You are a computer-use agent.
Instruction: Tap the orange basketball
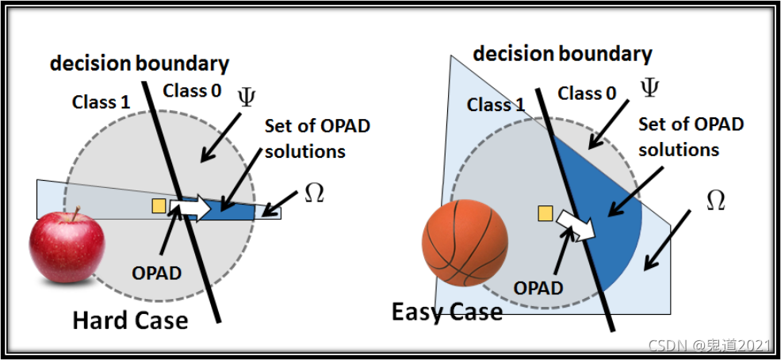point(465,242)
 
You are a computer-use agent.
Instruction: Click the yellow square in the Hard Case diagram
point(159,206)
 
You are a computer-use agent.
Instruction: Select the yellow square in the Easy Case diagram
point(545,213)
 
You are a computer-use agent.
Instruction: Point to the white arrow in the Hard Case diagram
point(191,208)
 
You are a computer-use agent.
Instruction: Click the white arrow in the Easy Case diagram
point(575,224)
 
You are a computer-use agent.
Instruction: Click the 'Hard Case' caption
point(130,320)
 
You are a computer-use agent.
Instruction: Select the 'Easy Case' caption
point(446,312)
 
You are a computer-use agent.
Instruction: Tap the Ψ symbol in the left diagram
point(246,98)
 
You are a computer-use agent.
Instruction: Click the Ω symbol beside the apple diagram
point(314,193)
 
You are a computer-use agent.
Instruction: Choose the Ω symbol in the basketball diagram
point(715,201)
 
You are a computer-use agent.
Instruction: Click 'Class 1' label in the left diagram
point(101,101)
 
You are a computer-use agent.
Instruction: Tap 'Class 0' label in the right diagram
point(587,94)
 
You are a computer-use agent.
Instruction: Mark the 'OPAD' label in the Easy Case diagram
point(539,286)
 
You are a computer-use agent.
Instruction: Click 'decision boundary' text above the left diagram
point(140,63)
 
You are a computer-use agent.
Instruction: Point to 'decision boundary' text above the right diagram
point(562,54)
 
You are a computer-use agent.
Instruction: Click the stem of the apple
point(76,213)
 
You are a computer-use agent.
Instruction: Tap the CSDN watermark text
point(709,345)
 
